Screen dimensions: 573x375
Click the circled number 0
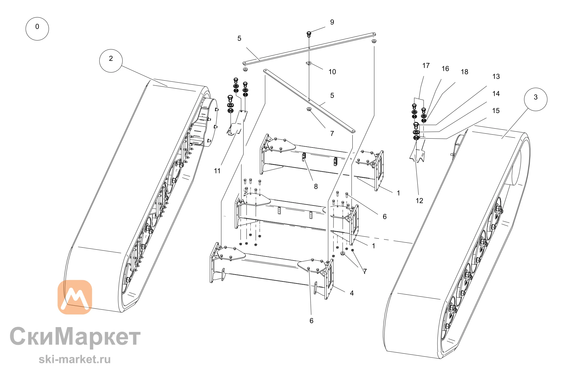[x=37, y=29]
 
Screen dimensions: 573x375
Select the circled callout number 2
[x=111, y=61]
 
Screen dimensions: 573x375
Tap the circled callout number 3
[x=535, y=99]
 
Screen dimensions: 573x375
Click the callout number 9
[x=332, y=22]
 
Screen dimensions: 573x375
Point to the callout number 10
[x=332, y=72]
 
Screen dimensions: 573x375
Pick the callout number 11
[x=217, y=171]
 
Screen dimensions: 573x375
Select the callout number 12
[x=419, y=201]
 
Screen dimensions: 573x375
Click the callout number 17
[x=426, y=66]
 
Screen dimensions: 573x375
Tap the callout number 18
[x=464, y=72]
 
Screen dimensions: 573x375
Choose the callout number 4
[x=352, y=293]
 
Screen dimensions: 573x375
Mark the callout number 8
[x=316, y=186]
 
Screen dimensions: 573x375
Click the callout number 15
[x=496, y=111]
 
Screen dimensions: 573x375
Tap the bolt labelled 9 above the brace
[x=309, y=34]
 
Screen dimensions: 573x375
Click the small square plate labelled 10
[x=309, y=63]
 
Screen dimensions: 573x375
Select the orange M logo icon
[x=75, y=297]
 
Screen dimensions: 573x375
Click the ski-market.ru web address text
[x=75, y=359]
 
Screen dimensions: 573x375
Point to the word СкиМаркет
[x=75, y=336]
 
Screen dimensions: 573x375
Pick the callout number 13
[x=496, y=77]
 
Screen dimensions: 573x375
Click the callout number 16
[x=445, y=69]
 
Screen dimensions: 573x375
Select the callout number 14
[x=496, y=94]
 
